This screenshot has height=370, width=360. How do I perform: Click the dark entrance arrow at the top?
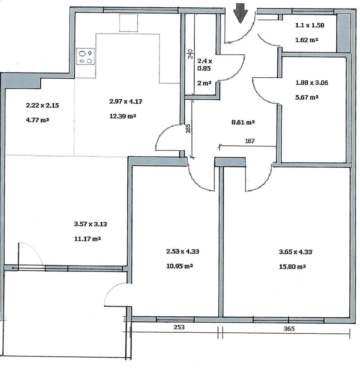click(241, 13)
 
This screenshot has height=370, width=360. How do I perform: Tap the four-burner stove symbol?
click(85, 56)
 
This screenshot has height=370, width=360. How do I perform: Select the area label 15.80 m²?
click(292, 267)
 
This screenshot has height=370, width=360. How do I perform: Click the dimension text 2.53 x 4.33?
click(183, 252)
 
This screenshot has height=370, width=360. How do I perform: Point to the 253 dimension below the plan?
click(179, 327)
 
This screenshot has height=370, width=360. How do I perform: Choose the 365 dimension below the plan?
click(289, 329)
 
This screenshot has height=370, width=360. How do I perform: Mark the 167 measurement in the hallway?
click(250, 141)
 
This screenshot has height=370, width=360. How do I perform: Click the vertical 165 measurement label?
click(188, 129)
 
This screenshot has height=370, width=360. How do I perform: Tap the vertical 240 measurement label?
click(190, 54)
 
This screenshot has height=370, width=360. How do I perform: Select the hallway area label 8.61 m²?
click(243, 122)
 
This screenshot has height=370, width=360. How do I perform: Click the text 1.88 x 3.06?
click(312, 83)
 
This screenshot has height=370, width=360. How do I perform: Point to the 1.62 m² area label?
click(307, 40)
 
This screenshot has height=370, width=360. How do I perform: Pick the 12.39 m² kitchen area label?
click(122, 116)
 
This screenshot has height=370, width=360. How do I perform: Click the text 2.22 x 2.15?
click(43, 105)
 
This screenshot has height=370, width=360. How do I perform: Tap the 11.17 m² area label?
click(87, 239)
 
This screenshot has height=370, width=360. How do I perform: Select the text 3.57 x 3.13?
click(90, 224)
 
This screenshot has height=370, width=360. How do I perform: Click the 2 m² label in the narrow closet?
click(204, 83)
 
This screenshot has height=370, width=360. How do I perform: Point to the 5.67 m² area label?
click(307, 97)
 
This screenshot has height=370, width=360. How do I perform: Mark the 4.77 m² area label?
click(38, 120)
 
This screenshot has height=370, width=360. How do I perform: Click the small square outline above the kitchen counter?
click(129, 23)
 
